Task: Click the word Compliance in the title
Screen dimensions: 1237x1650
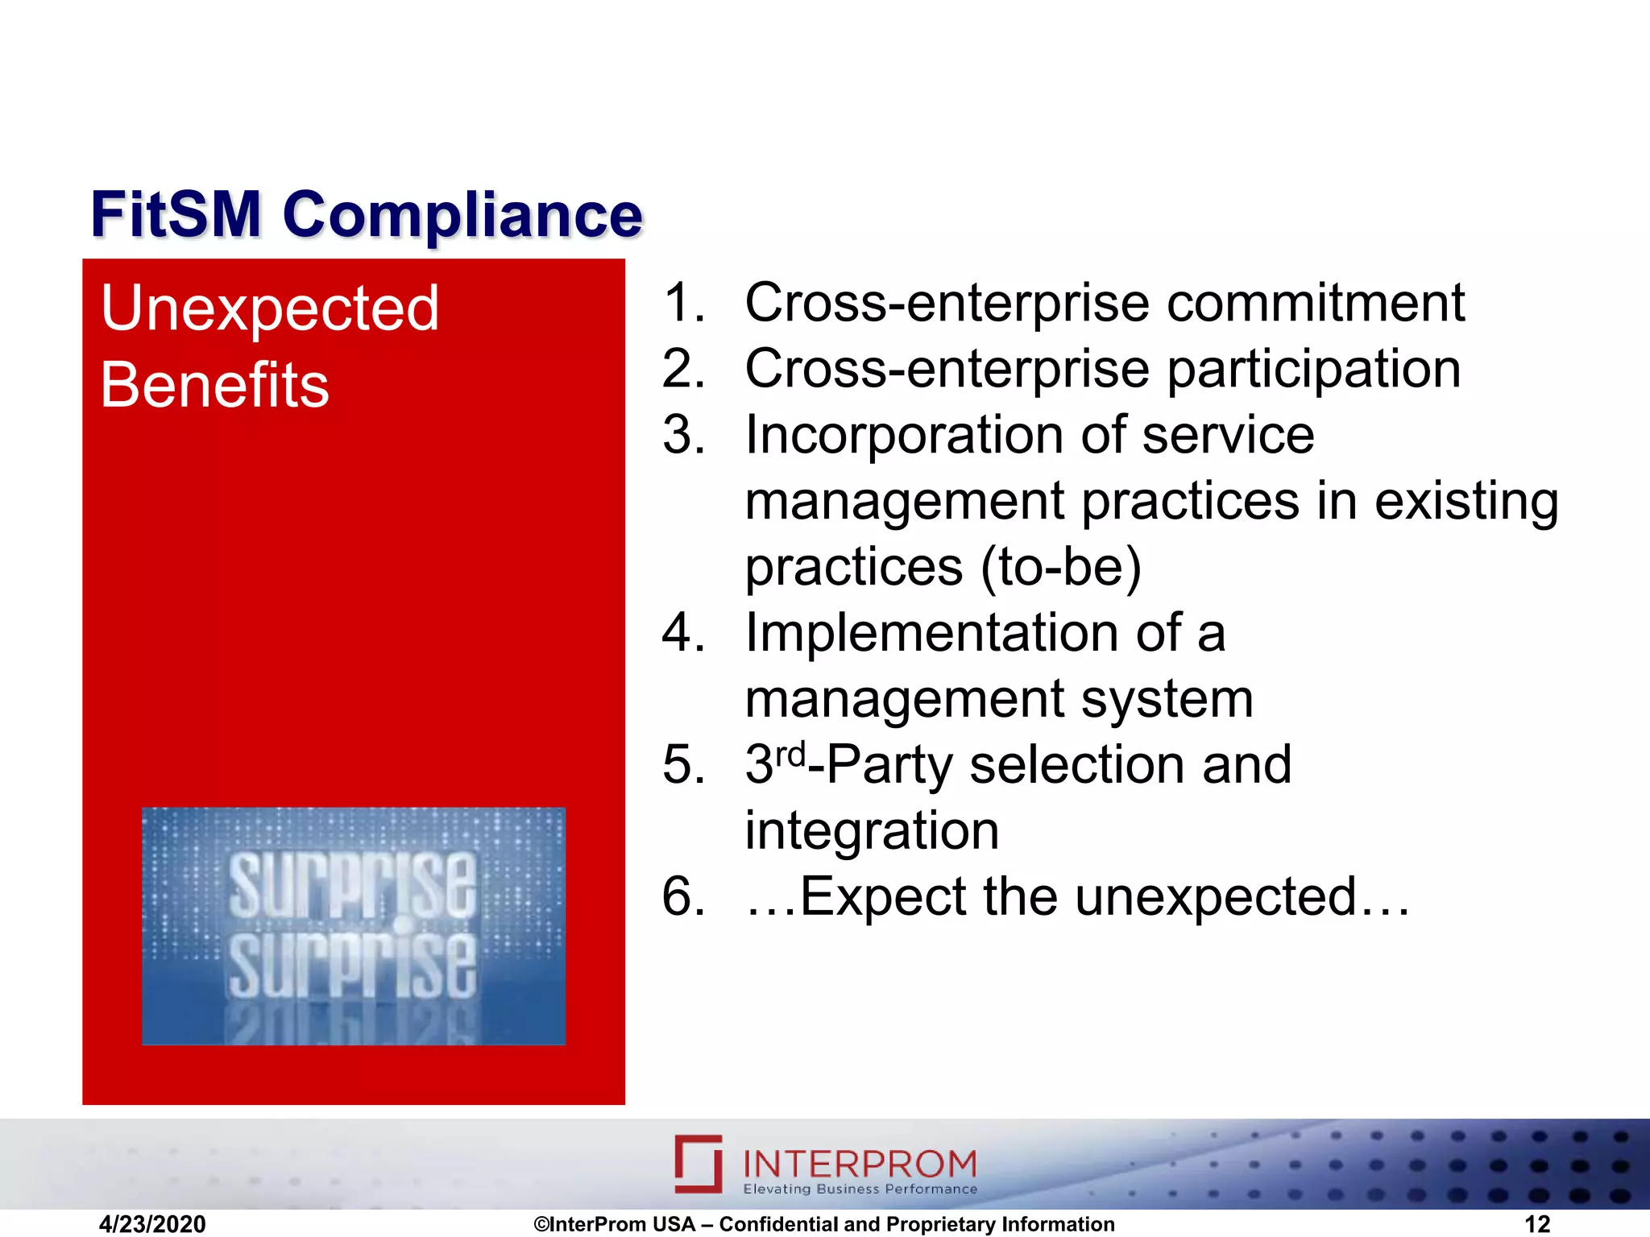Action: pos(462,216)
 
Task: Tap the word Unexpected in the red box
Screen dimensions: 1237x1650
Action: pos(270,308)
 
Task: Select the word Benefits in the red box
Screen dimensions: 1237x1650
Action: pos(214,386)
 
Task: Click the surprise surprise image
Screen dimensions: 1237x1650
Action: pos(353,926)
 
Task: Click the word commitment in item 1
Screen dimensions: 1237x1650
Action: pos(1315,304)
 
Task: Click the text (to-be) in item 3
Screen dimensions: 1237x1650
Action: pos(1060,567)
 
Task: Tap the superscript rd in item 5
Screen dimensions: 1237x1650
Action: pos(790,755)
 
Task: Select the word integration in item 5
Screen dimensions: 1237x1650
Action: pos(872,831)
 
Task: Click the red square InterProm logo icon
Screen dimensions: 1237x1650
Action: pos(698,1164)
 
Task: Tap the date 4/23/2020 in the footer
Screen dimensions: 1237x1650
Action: pos(152,1224)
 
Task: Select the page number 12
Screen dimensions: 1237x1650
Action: pos(1537,1224)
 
